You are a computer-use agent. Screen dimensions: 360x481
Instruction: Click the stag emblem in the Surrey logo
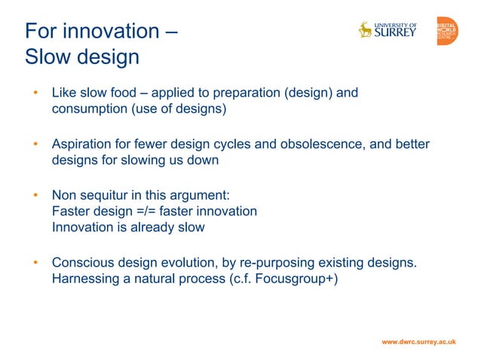tap(366, 30)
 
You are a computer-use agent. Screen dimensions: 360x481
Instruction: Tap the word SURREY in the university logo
tap(395, 33)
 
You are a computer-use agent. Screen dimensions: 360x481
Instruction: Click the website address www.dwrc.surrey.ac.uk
tap(418, 342)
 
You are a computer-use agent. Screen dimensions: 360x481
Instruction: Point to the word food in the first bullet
tap(133, 93)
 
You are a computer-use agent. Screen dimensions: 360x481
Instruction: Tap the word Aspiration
tap(82, 145)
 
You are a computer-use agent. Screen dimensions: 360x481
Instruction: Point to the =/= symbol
tap(144, 211)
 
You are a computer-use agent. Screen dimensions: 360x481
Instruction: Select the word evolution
tap(185, 262)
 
